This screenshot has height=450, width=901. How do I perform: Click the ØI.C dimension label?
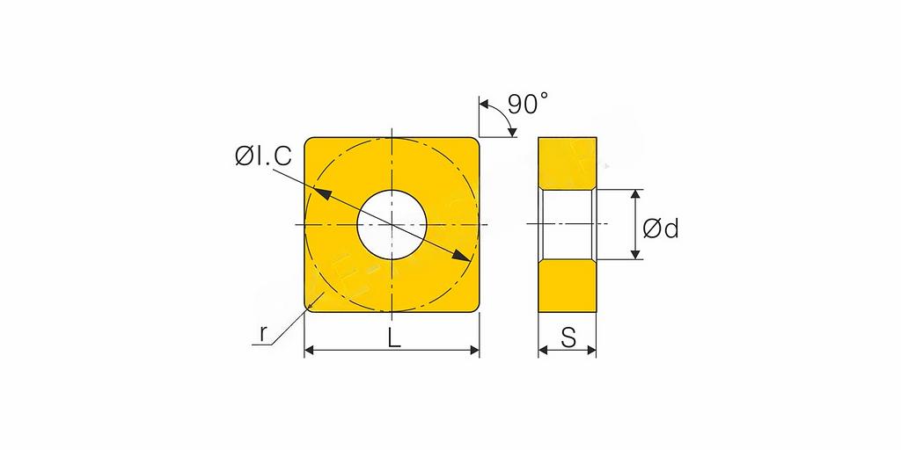tap(263, 156)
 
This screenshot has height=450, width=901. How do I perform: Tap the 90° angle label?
tap(528, 105)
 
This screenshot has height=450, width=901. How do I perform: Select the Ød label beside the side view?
tap(661, 229)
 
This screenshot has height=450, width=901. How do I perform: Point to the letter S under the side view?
tap(568, 338)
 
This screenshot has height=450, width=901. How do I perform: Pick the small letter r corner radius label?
tap(263, 333)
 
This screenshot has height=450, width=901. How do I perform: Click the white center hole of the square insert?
tap(392, 224)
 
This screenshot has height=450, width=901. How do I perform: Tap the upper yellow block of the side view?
tap(568, 163)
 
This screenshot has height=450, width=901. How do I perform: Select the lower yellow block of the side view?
tap(568, 286)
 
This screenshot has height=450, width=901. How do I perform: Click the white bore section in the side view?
tap(568, 224)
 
